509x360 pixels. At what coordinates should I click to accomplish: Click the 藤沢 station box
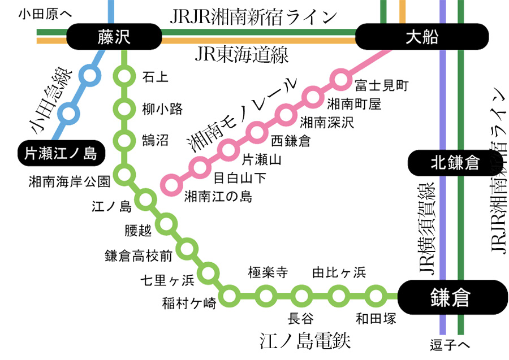pos(113,37)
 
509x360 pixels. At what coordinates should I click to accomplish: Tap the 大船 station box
pos(422,38)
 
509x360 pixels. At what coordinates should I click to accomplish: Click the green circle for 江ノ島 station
pos(145,199)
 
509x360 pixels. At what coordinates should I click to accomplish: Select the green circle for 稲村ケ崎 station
pos(230,294)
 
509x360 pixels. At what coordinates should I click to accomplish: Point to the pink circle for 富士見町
pos(340,80)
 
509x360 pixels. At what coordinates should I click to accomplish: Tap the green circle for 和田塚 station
pos(375,294)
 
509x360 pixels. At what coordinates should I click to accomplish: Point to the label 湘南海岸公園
pos(69,181)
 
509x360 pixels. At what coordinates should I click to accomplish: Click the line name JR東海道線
pos(242,55)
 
